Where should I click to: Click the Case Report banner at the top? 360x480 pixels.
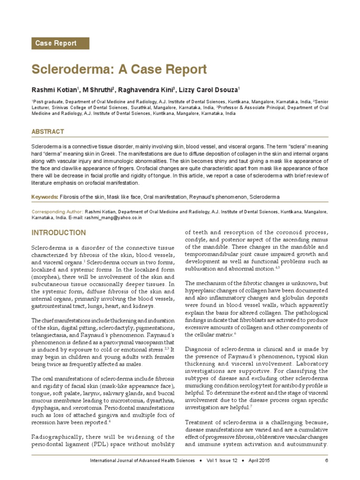60,43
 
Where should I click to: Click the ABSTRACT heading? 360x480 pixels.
47,132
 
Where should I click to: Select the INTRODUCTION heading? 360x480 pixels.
59,233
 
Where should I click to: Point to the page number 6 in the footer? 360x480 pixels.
326,461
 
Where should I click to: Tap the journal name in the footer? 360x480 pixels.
142,461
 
